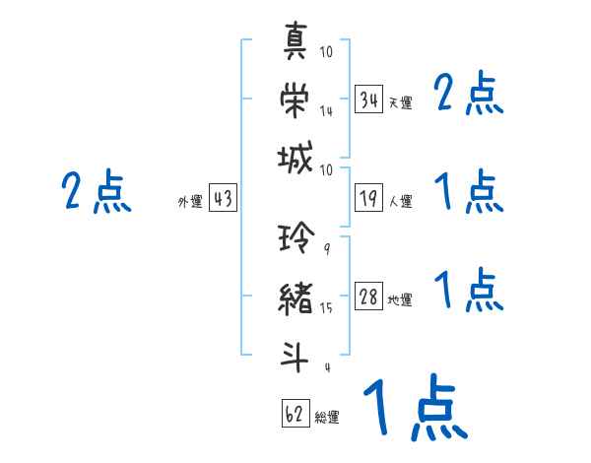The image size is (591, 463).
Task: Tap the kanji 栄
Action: point(296,100)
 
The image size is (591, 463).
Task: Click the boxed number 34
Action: point(368,99)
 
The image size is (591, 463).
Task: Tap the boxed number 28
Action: point(368,297)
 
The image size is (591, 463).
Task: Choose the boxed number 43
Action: point(223,199)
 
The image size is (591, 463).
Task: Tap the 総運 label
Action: point(327,417)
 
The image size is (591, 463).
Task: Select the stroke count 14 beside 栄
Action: point(326,111)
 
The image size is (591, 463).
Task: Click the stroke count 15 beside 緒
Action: point(326,308)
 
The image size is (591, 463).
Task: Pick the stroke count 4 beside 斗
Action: point(326,368)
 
